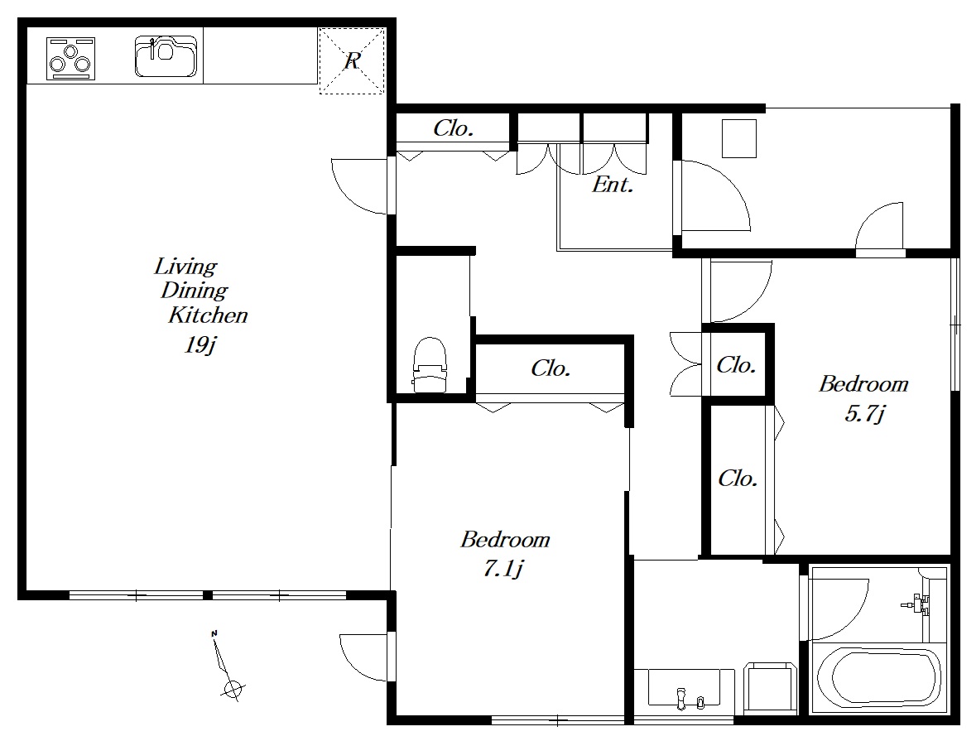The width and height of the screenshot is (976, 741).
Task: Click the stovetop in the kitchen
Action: coord(71,59)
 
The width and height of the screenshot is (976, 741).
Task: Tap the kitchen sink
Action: coord(166,56)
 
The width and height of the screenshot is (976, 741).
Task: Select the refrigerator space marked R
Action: coord(352,60)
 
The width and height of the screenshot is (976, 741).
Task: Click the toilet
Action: coord(430,365)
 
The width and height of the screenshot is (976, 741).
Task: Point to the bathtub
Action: coord(877,678)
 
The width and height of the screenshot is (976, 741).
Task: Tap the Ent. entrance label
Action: coord(613,185)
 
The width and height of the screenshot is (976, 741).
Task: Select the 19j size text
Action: coord(200,344)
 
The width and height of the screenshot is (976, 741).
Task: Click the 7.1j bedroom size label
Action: coord(503,569)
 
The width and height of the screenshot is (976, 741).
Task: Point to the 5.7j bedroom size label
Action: coord(864,413)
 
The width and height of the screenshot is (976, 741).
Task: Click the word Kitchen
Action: coord(208,315)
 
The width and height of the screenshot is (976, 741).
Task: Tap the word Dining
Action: coord(195,291)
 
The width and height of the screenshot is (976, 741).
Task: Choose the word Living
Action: coord(185,267)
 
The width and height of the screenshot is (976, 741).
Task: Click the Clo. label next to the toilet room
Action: coord(551,368)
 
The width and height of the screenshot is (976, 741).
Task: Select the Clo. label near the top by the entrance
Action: coord(453,128)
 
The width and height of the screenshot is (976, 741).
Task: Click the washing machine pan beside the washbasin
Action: coord(771,687)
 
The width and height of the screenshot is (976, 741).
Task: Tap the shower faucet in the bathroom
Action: coord(915,603)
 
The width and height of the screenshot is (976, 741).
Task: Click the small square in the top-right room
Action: coord(739,138)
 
